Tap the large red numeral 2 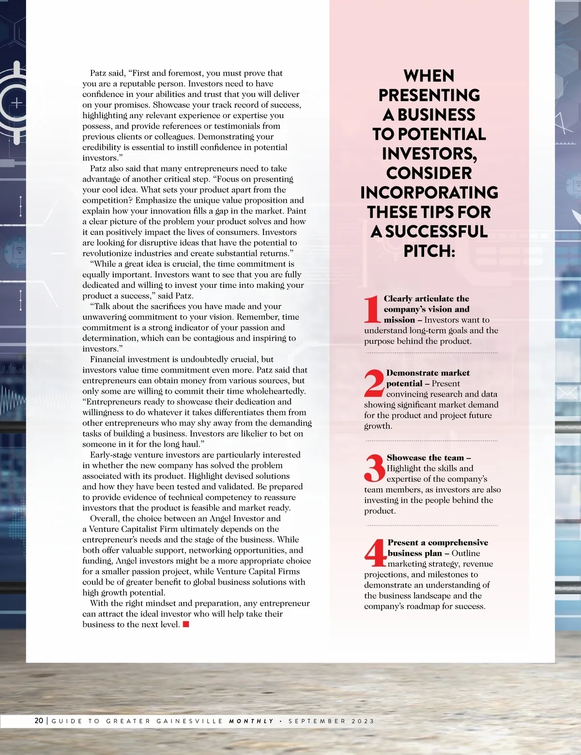(x=374, y=383)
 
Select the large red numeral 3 (x=375, y=468)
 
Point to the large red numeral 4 (x=375, y=553)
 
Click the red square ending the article (x=186, y=624)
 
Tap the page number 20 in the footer (x=39, y=721)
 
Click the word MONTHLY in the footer (x=251, y=721)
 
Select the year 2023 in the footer (x=363, y=721)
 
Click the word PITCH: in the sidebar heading (x=429, y=251)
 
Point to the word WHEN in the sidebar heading (x=429, y=76)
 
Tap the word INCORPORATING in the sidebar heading (x=429, y=192)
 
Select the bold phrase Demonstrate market (x=428, y=373)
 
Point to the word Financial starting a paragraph (x=107, y=359)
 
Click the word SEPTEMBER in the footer (x=317, y=721)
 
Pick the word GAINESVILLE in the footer (x=190, y=721)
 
